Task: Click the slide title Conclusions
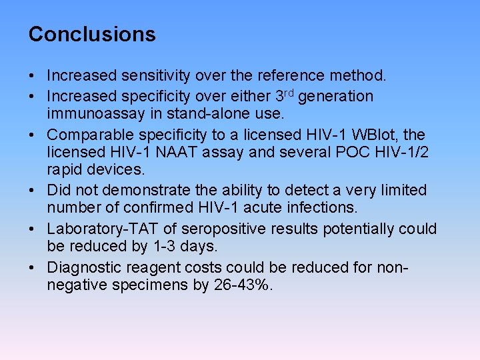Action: pyautogui.click(x=92, y=34)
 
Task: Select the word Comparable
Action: pyautogui.click(x=85, y=134)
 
